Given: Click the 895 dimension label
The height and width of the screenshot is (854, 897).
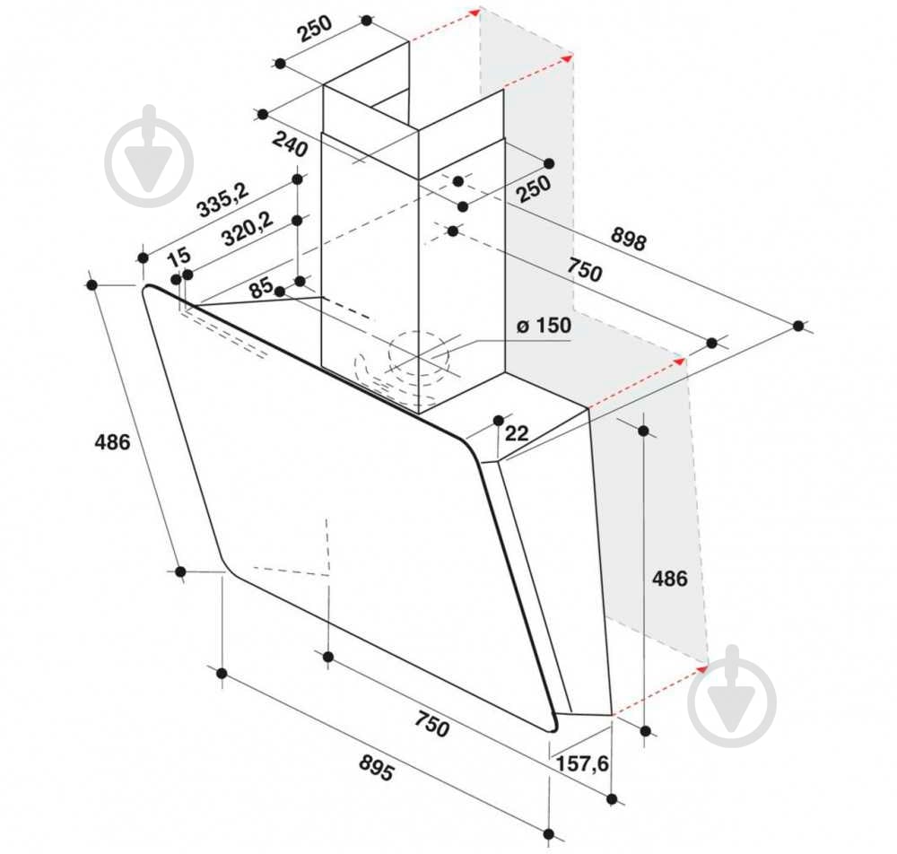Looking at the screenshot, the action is point(377,768).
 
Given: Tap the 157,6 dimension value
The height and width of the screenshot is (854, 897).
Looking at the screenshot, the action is point(582,763).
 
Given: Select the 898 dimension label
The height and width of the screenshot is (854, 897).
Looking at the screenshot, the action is point(628,239).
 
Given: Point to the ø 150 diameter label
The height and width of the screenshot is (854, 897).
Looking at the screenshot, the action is point(544,326).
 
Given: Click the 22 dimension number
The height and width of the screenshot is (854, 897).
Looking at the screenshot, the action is point(517,433).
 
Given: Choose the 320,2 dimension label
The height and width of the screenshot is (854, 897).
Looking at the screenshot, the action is point(248,229).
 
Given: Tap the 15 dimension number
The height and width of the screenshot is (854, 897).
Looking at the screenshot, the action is point(179,256).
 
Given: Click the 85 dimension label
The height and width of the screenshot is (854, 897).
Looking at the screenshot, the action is point(261,287).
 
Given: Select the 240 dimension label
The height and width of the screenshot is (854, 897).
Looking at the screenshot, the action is point(290,144).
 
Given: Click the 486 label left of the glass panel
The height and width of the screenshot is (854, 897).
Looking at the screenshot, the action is point(112,441).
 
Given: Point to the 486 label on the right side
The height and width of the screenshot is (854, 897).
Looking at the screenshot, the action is point(670,579).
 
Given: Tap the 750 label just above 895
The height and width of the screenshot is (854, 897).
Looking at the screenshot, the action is point(432,723).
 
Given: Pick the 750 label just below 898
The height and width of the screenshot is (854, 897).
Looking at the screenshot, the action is point(584,269).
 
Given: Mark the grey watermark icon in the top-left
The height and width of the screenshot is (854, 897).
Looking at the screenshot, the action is point(149,155).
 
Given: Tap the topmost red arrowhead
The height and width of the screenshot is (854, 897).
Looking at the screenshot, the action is point(475,12).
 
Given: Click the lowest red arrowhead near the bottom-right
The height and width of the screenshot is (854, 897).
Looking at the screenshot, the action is point(702,668).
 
